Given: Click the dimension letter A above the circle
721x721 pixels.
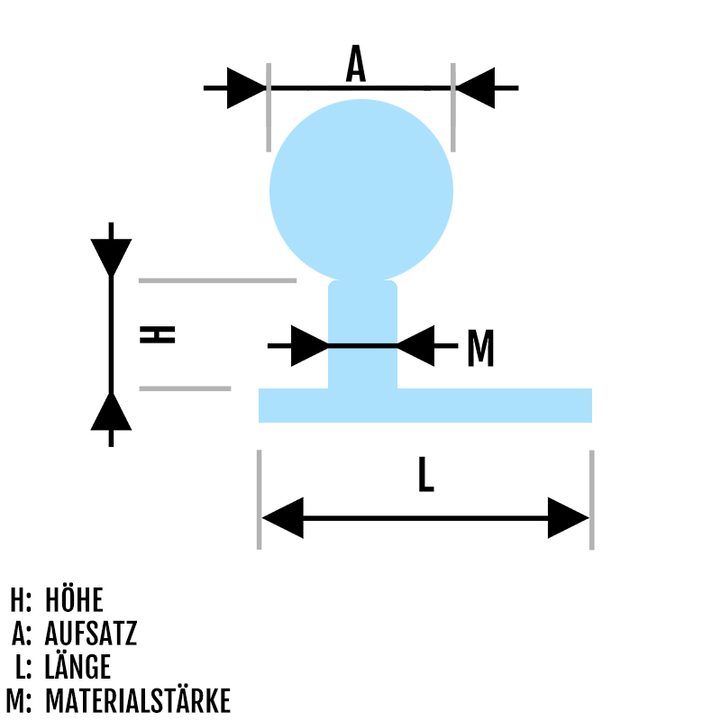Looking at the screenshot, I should (357, 65).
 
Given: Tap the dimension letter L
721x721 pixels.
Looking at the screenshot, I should (425, 475).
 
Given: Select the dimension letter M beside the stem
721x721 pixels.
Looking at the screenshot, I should (480, 349).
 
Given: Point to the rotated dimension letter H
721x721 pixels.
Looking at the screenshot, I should (158, 334).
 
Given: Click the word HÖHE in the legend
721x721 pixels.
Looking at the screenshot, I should (74, 600).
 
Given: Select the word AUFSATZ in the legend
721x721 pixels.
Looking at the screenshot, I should (91, 634).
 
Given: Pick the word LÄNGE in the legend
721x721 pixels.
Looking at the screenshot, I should (78, 668).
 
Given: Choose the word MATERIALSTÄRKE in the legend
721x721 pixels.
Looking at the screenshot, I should (138, 701).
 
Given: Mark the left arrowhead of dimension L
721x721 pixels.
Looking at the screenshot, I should (282, 518).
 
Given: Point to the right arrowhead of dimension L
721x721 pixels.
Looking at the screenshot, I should (568, 518).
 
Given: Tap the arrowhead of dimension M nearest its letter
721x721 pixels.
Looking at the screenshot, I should (415, 345).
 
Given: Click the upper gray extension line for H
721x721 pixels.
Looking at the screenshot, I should (217, 280).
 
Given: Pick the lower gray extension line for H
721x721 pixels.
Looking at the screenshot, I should (185, 388).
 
